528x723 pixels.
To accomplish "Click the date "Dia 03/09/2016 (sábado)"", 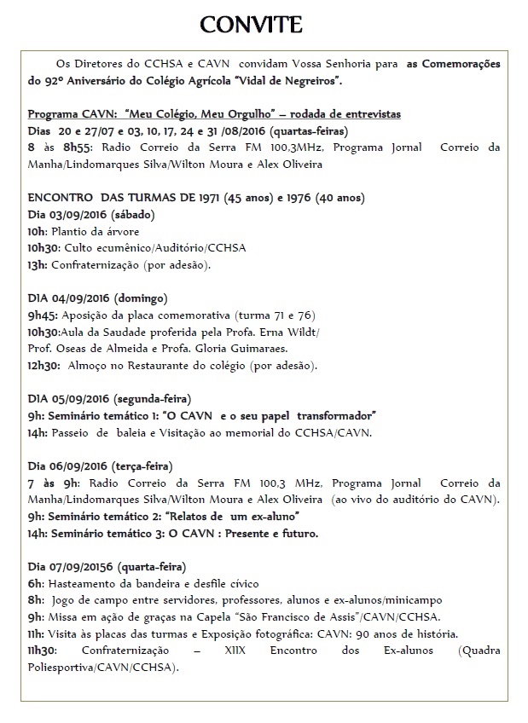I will (x=83, y=214).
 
